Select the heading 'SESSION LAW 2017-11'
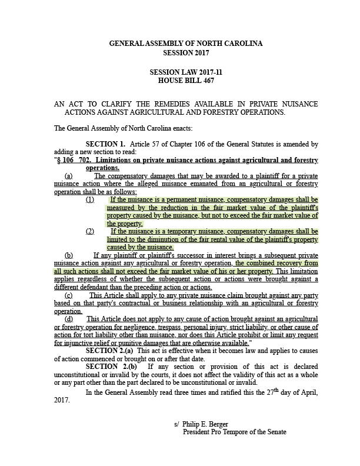point(186,72)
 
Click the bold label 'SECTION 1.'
point(105,144)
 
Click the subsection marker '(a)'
point(69,176)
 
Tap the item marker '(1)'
point(90,199)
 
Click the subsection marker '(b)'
point(69,255)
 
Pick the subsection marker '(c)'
point(69,295)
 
